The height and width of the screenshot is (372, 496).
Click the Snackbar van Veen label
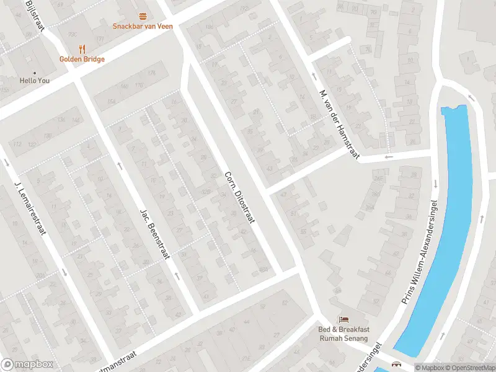(x=143, y=26)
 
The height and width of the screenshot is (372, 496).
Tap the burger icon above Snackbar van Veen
(x=143, y=16)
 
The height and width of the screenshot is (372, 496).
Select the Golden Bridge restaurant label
(x=82, y=59)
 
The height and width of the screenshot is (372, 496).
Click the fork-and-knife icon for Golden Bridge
(x=82, y=49)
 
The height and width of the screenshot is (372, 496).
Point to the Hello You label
(x=35, y=81)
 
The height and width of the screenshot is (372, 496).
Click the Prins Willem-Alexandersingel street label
(x=422, y=251)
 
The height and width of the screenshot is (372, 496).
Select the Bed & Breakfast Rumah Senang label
(x=343, y=334)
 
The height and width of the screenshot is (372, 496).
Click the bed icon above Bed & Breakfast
(x=343, y=319)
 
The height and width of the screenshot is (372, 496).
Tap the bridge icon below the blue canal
(x=397, y=365)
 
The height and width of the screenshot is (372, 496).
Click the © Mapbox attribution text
(x=430, y=368)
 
